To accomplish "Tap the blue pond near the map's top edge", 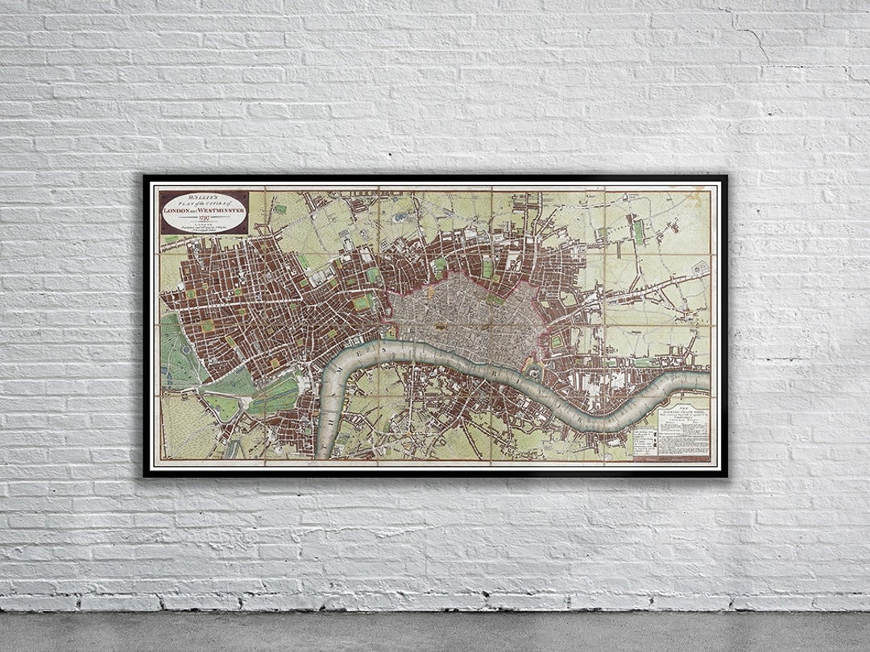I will point(400,216).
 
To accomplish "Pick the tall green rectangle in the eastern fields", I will point(639,231).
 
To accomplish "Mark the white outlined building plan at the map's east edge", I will point(699,267).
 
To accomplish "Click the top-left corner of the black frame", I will point(146,176).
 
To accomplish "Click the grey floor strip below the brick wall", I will point(435,632).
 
